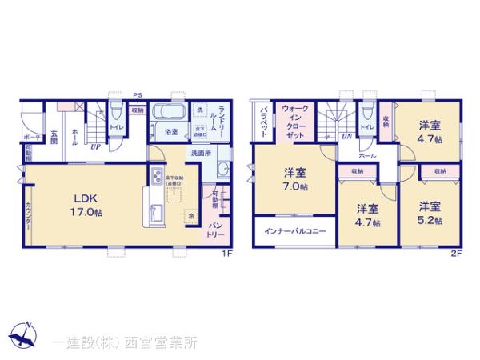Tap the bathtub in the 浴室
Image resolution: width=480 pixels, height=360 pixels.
point(169,114)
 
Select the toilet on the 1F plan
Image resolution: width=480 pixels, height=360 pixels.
point(115,114)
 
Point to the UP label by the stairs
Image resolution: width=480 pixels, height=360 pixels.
point(95,146)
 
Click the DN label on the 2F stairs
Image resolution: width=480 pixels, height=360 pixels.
point(347,137)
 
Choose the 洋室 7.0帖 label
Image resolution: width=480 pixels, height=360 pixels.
point(293,180)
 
